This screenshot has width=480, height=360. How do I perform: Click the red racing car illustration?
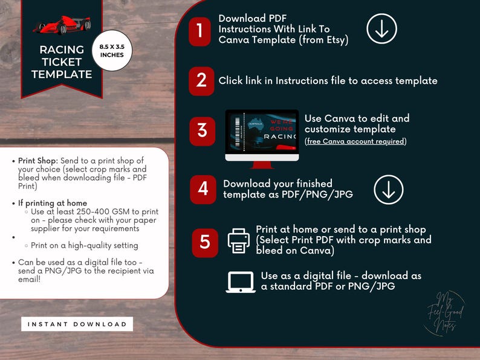(x=62, y=25)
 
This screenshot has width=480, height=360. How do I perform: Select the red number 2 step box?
(x=201, y=81)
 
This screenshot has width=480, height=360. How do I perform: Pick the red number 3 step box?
(x=202, y=130)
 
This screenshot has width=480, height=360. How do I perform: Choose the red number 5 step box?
(x=205, y=241)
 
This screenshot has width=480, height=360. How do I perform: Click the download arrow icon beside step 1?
(x=382, y=28)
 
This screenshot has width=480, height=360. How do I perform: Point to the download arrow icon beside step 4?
(x=389, y=190)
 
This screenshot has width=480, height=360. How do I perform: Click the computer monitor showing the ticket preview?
(x=262, y=135)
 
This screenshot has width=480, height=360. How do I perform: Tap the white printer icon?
(x=238, y=240)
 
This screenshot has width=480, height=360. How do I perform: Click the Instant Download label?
(x=77, y=324)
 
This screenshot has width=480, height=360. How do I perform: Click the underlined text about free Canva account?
(x=355, y=141)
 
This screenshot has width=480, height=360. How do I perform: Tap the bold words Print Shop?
(x=37, y=161)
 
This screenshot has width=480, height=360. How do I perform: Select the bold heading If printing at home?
(x=53, y=203)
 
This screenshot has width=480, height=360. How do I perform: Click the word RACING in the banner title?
(x=62, y=50)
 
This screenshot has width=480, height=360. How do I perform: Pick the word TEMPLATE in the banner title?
(x=62, y=75)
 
